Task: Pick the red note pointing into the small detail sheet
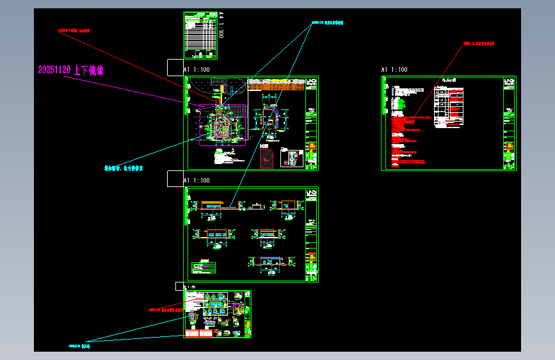click(x=165, y=309)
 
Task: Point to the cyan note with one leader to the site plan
click(x=124, y=168)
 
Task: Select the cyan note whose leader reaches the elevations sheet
click(x=327, y=22)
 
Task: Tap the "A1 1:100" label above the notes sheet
click(x=394, y=69)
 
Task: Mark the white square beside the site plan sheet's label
click(x=175, y=67)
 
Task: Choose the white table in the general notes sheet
click(x=448, y=105)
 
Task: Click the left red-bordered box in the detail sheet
click(x=191, y=333)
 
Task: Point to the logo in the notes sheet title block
click(x=509, y=83)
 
